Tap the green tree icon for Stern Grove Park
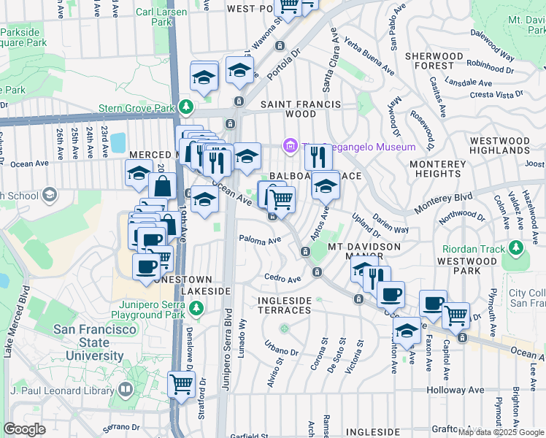click(x=186, y=108)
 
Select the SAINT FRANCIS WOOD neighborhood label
click(x=301, y=109)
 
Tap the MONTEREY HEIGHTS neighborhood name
click(x=436, y=169)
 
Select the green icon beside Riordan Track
click(x=517, y=249)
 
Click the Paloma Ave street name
click(x=261, y=240)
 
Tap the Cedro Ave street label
click(x=282, y=279)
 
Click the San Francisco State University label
click(x=88, y=342)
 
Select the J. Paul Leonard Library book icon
click(x=126, y=391)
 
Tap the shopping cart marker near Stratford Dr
click(x=181, y=384)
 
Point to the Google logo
click(x=24, y=429)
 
